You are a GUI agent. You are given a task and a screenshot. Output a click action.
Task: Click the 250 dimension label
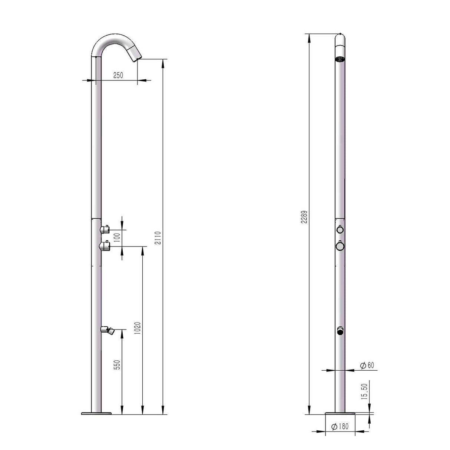(x=118, y=75)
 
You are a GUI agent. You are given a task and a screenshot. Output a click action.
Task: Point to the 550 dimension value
(x=117, y=365)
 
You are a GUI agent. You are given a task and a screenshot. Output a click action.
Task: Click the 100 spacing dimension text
(x=117, y=238)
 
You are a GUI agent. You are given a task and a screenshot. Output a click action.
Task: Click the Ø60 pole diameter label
(x=367, y=365)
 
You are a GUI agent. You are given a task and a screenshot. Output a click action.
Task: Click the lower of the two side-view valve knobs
(x=105, y=245)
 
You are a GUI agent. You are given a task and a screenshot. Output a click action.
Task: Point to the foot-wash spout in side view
(x=108, y=330)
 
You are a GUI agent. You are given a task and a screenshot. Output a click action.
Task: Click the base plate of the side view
(x=96, y=413)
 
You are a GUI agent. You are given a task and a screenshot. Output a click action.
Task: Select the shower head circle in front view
(x=340, y=59)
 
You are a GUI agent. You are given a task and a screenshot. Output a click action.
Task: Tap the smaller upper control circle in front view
(x=340, y=229)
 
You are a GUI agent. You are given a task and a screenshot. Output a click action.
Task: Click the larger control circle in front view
(x=340, y=245)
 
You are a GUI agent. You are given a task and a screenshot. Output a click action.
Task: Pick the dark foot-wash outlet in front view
(x=340, y=331)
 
